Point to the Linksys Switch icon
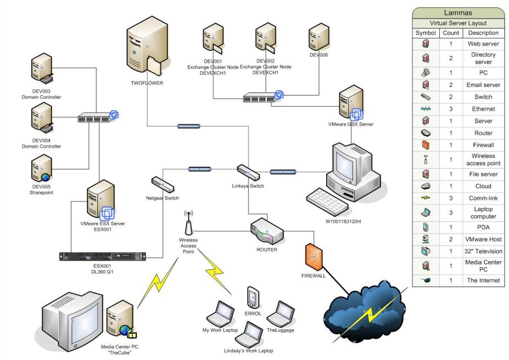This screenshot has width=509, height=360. point(248,172)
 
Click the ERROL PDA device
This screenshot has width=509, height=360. point(253,298)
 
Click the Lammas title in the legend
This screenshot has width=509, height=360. point(458,12)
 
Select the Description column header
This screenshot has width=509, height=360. point(483,33)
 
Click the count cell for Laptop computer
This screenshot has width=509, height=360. point(451,213)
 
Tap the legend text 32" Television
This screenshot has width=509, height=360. point(483,252)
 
